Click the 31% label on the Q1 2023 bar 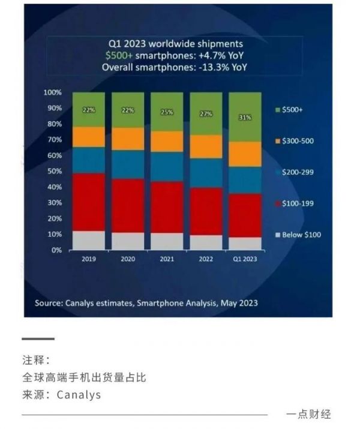click(245, 118)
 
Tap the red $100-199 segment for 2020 click(128, 205)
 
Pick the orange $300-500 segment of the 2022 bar click(206, 146)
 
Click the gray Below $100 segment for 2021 click(167, 241)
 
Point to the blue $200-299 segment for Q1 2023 click(245, 180)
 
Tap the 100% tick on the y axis click(52, 93)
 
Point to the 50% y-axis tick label click(54, 172)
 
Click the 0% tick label click(56, 250)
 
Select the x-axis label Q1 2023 click(245, 260)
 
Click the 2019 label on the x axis click(89, 260)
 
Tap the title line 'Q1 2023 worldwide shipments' click(176, 44)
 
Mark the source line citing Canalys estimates click(146, 303)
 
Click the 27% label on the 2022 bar click(206, 113)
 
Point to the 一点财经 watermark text click(308, 414)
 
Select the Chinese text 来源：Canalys click(62, 395)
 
